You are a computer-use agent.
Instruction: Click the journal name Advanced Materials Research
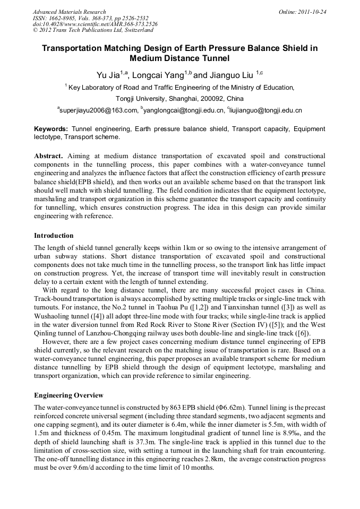point(69,12)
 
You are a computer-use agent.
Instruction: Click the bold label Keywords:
point(51,129)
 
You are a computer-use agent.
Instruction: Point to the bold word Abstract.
point(48,157)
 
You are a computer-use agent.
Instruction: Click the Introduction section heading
point(54,235)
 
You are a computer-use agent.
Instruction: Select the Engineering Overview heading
point(68,395)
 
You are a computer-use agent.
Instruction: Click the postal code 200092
point(200,99)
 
